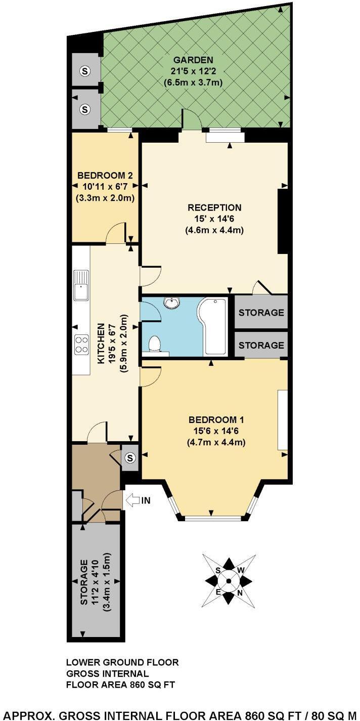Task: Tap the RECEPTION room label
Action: [214, 207]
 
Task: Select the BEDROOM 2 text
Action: [105, 176]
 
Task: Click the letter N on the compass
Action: [240, 592]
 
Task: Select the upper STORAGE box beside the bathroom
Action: [261, 313]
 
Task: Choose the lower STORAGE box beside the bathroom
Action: [261, 345]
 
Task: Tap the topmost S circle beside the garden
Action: [84, 71]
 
